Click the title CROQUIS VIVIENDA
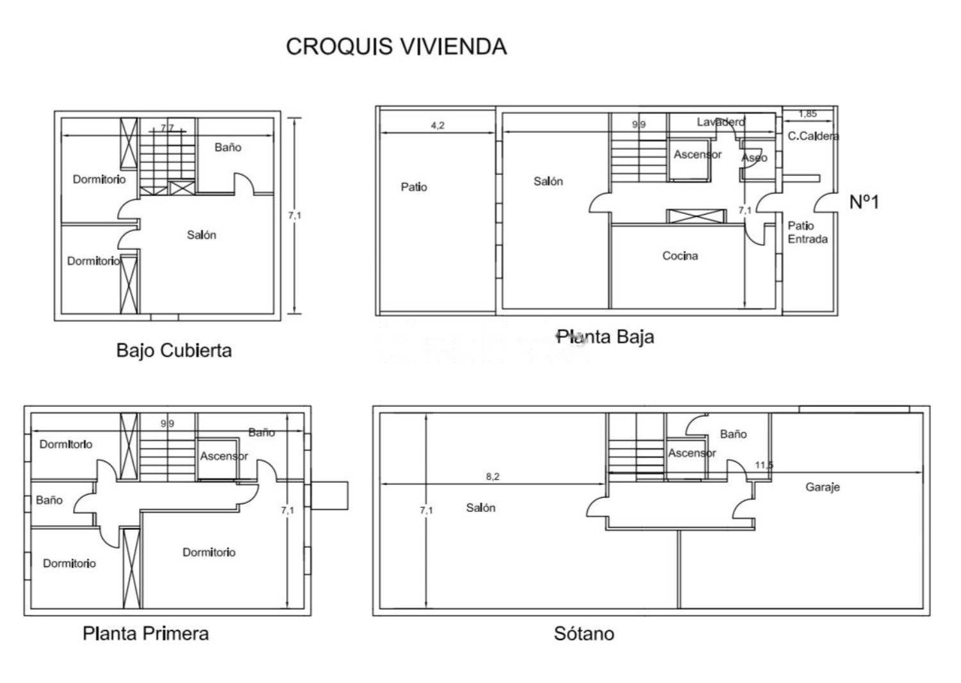coord(397,46)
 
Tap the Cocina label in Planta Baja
coord(680,256)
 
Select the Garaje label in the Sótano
coord(823,487)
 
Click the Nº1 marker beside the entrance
coord(864,202)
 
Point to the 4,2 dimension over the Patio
coord(438,126)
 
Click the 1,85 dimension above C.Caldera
coord(807,113)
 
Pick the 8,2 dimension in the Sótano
coord(493,476)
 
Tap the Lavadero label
coord(721,122)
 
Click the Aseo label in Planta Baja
coord(754,158)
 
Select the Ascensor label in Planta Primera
coord(224,456)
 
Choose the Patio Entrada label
coord(807,232)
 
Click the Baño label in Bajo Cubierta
coord(228,147)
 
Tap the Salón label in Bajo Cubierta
coord(201,235)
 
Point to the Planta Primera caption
coord(145,633)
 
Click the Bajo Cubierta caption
coord(174,350)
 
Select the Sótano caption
coord(584,633)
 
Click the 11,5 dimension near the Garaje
coord(764,465)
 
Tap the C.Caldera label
coord(813,136)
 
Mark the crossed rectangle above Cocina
coord(696,216)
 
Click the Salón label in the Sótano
coord(481,507)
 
